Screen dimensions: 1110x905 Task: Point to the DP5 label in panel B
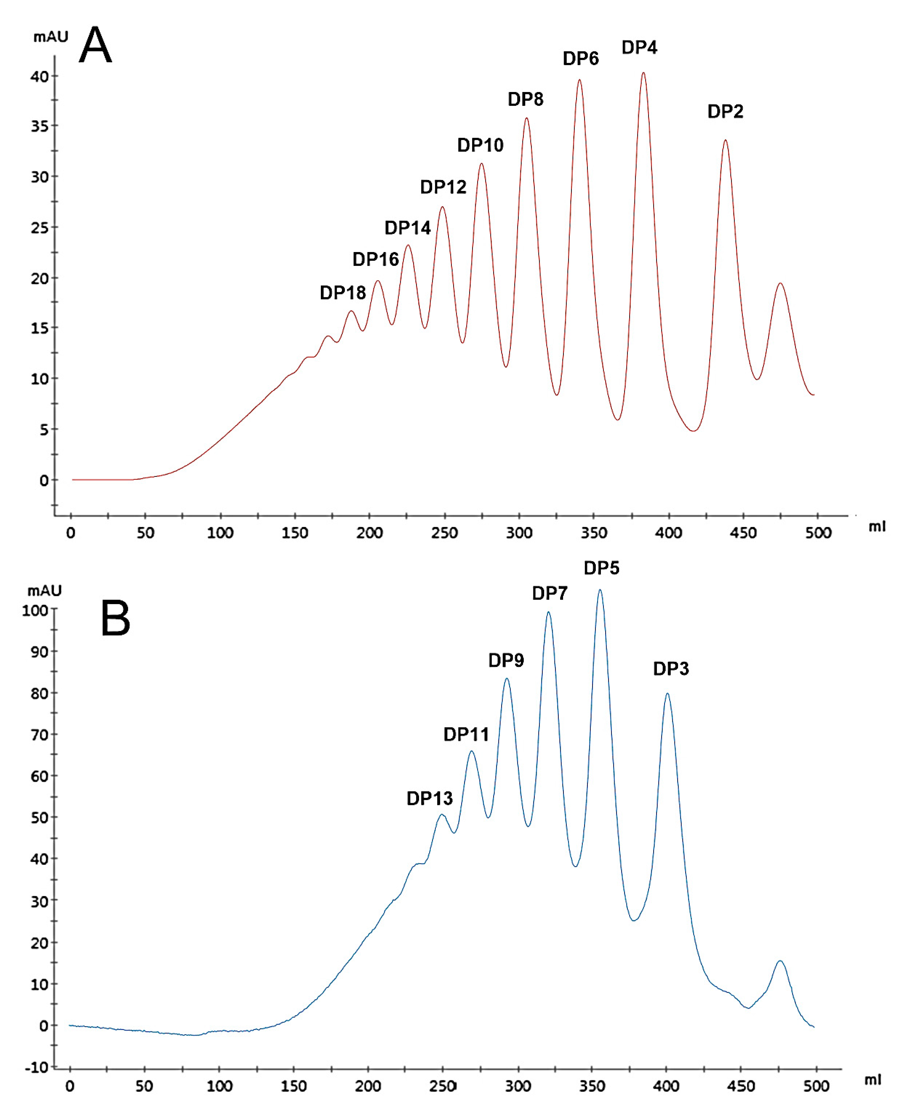tap(601, 568)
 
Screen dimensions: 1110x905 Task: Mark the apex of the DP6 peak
tap(579, 80)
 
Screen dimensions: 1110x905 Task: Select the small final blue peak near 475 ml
tap(780, 961)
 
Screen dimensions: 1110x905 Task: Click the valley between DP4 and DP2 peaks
tap(693, 430)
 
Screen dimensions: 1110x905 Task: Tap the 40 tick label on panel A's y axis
tap(39, 77)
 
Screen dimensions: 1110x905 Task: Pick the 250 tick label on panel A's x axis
tap(444, 533)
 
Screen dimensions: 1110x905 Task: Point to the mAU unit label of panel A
tap(51, 37)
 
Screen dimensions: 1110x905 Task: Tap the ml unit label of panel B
tap(873, 1080)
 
